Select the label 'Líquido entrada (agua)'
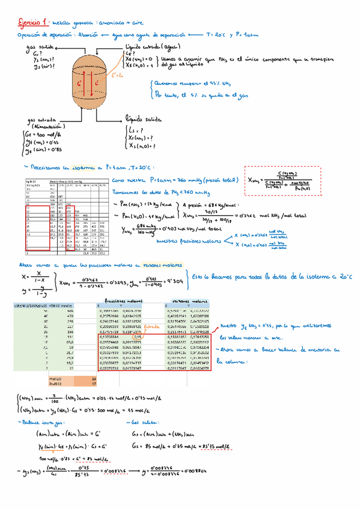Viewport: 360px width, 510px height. coord(150,46)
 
